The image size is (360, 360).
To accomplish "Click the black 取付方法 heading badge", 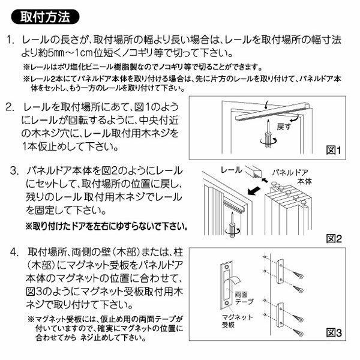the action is click(45, 17).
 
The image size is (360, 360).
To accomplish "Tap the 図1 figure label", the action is click(334, 151).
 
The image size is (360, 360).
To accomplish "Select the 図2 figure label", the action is click(334, 239).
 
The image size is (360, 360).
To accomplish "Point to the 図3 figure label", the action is click(334, 332).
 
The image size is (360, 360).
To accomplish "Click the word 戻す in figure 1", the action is click(284, 127).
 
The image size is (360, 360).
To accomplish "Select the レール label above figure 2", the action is click(231, 170).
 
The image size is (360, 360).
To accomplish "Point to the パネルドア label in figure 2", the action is click(290, 172).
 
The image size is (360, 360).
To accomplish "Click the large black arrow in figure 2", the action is click(255, 191).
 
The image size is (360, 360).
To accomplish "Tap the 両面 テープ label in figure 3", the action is click(244, 298).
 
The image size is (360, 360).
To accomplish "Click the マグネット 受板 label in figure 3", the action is click(237, 321).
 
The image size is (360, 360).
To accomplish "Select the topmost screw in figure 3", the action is click(298, 274).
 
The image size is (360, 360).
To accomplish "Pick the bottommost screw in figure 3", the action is click(298, 332).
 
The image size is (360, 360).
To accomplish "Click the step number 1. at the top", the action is click(10, 40).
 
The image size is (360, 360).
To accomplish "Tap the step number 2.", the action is click(10, 107).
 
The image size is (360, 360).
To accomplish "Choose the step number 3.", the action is click(14, 171).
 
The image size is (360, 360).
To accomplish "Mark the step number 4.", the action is click(14, 252).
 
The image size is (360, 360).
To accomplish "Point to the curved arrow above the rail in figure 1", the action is click(266, 104).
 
